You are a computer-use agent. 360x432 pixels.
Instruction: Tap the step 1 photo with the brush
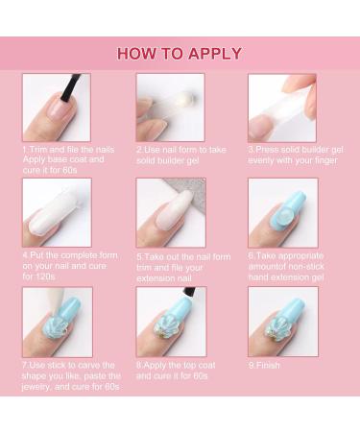[56, 108]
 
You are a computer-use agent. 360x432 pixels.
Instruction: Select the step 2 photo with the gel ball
[170, 108]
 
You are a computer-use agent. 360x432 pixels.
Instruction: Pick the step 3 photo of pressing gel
[282, 108]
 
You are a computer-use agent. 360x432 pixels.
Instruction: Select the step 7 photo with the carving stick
[56, 322]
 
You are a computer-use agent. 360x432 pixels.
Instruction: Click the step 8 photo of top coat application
[170, 322]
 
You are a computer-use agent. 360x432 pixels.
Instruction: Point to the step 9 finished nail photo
[282, 322]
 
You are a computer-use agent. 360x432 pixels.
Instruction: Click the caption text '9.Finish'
[266, 365]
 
